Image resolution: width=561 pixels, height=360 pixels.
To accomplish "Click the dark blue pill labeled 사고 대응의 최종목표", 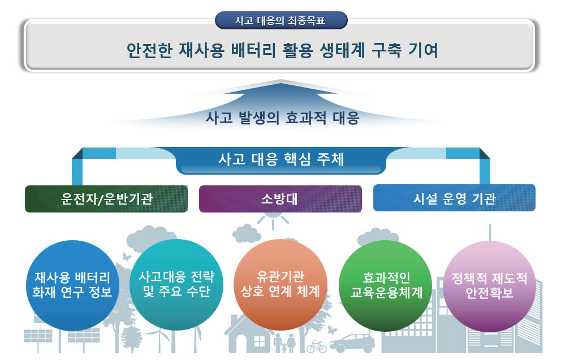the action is click(x=281, y=20).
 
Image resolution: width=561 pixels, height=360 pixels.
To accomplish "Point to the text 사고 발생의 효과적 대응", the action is click(x=282, y=118).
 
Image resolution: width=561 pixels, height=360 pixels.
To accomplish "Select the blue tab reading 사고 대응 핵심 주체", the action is click(x=281, y=160).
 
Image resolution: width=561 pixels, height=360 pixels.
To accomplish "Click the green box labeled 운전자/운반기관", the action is click(x=106, y=199).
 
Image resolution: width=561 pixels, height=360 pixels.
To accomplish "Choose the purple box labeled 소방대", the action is click(x=280, y=199).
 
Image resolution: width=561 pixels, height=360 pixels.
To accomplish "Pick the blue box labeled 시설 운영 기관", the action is click(x=454, y=198).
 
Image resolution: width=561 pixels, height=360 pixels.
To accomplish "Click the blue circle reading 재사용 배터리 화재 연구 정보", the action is click(x=72, y=285).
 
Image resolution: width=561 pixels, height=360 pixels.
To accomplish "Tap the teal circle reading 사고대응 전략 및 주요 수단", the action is click(x=176, y=285).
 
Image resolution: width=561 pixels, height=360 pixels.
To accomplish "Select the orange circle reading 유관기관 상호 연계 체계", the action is click(x=280, y=285).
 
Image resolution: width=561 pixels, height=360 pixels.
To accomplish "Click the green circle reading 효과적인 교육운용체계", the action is click(x=385, y=285).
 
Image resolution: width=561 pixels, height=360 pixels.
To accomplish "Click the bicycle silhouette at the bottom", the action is click(x=316, y=346).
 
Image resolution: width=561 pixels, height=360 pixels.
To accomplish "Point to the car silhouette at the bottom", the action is click(x=352, y=343).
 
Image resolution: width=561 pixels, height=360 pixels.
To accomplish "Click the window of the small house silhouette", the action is click(x=259, y=341).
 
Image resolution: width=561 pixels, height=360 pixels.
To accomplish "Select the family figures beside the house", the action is click(x=285, y=343).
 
